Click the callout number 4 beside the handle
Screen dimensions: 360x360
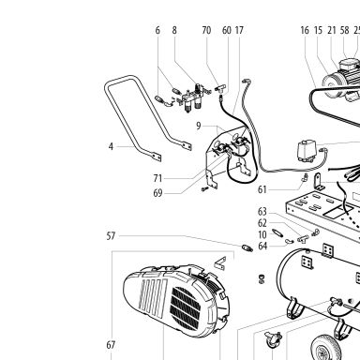pos(111,146)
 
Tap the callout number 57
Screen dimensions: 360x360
pos(111,236)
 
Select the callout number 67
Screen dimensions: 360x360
pos(111,345)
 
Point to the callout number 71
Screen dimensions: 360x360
pos(157,178)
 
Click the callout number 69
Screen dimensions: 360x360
pos(157,193)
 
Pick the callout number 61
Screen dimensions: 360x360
pos(262,189)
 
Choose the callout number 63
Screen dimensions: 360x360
pos(262,212)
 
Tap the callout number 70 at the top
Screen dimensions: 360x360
pos(206,30)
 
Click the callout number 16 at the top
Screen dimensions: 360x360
pos(305,30)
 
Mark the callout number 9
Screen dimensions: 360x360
pos(199,126)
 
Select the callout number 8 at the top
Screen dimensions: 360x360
pos(174,30)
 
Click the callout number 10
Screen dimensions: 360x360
pos(262,234)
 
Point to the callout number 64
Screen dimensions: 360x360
pos(262,246)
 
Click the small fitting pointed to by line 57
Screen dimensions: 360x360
pos(247,248)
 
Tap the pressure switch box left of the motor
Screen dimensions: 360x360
pos(305,151)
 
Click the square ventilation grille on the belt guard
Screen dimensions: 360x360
pos(186,308)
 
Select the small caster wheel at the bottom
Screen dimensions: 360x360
pos(273,340)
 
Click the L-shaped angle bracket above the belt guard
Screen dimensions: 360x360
pos(220,263)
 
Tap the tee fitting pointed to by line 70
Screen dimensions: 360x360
pos(220,89)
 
